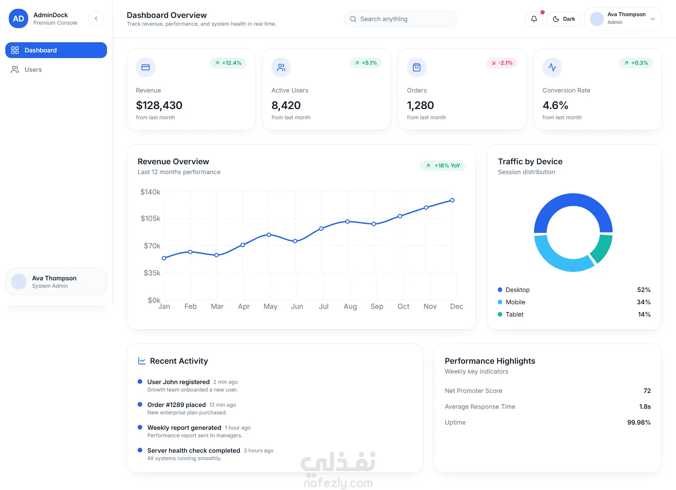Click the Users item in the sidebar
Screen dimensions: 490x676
coord(33,70)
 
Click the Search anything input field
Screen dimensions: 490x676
coord(400,19)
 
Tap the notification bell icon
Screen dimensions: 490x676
coord(534,19)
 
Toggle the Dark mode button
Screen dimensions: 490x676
coord(563,19)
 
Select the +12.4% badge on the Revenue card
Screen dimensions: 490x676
coord(228,63)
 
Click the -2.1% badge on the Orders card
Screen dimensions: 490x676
coord(502,63)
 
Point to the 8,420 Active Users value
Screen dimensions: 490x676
coord(286,105)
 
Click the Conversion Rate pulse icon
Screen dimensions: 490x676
coord(552,67)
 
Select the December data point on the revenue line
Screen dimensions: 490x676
coord(452,200)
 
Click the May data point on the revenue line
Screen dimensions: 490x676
coord(269,235)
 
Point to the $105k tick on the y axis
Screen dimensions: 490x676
coord(150,218)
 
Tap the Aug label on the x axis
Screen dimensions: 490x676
coord(350,306)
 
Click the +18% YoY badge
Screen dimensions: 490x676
coord(443,166)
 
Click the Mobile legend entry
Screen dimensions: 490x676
coord(515,302)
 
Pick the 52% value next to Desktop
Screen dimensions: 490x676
coord(644,290)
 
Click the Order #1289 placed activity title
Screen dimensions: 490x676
coord(176,405)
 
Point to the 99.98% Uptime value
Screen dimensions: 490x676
coord(639,422)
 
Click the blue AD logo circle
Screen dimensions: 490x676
coord(18,19)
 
